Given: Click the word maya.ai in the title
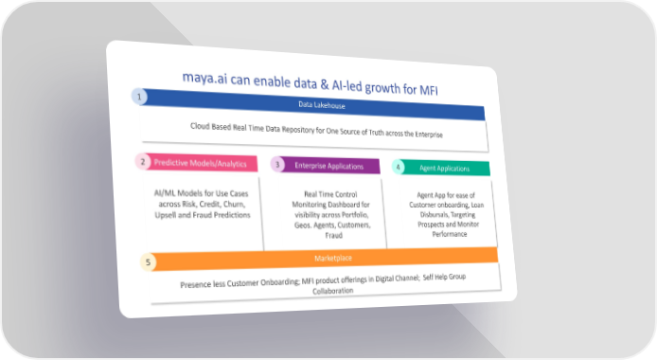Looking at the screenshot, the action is coord(204,78).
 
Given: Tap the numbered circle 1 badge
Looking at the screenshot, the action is coord(139,97).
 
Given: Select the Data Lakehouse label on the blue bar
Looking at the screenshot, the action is coord(322,105).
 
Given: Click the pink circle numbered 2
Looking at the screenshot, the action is coord(142,162).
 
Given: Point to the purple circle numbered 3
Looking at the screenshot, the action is coord(277,165).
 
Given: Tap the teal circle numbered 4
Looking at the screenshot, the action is coord(398,168).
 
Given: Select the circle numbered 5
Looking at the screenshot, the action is coord(148,262).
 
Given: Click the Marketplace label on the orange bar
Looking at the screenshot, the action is coord(333,259).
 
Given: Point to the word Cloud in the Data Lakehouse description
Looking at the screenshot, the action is coord(200,126).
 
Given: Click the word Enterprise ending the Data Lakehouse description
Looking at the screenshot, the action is coord(429,135).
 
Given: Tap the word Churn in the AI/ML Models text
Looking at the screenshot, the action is coord(234,204).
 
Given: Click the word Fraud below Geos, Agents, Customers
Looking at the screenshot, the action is coord(334,236).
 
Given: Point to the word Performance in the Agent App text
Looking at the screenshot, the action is coord(450,234).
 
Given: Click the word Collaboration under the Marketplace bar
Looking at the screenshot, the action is coord(333,291).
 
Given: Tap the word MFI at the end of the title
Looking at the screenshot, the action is coord(429,90).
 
